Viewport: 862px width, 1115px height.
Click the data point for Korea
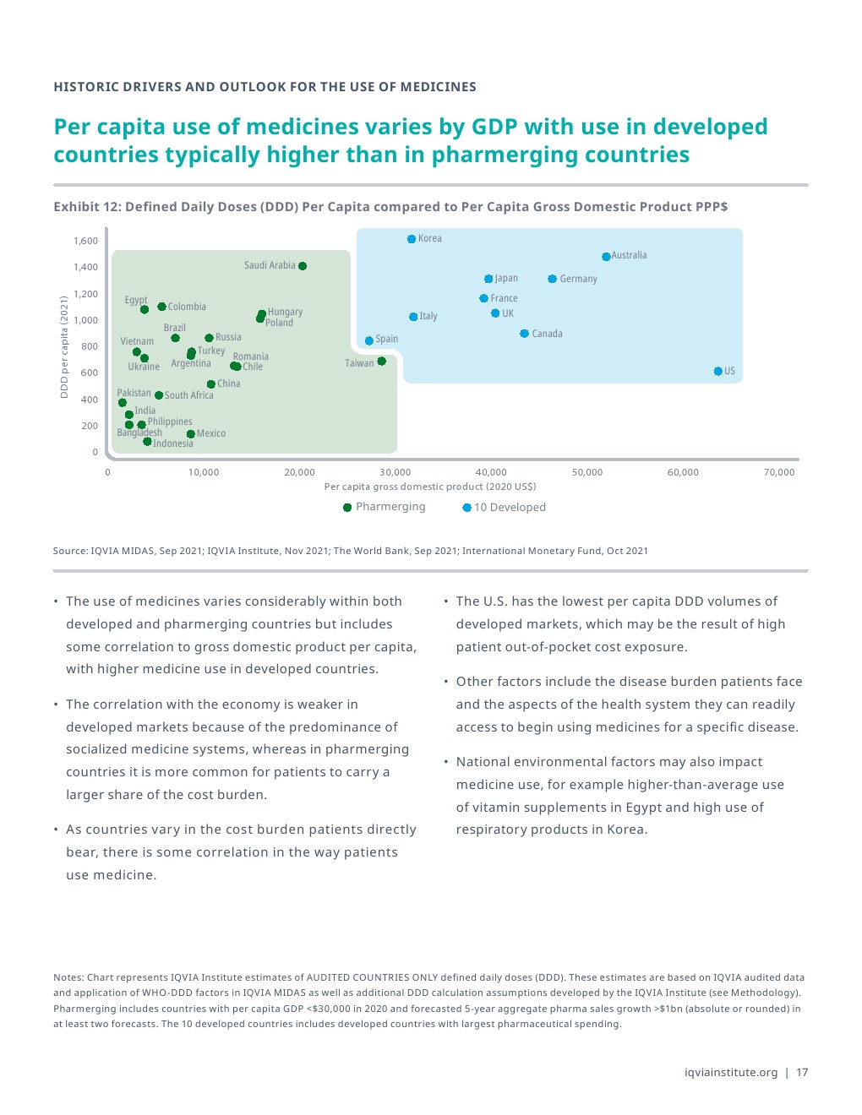[x=412, y=239]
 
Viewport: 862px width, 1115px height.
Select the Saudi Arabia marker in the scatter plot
[x=303, y=266]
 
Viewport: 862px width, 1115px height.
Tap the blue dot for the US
[x=717, y=371]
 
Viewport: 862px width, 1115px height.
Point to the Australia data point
[x=606, y=257]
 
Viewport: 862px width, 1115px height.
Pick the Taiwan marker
[x=381, y=362]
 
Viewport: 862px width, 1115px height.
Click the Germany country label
[x=578, y=279]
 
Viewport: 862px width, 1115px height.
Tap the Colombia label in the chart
[x=187, y=307]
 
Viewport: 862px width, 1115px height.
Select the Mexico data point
[x=191, y=434]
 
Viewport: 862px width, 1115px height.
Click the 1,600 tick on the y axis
[x=85, y=241]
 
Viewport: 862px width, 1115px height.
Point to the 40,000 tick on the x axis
[x=491, y=472]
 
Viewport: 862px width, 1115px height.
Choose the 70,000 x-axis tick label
[x=779, y=472]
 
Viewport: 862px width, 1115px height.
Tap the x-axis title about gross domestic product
[x=430, y=487]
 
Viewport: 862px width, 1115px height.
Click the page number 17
[x=802, y=1073]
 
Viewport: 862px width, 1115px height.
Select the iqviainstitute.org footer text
[x=731, y=1073]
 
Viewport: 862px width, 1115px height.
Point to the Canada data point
[x=524, y=334]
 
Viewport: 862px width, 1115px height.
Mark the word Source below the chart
[x=70, y=551]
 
